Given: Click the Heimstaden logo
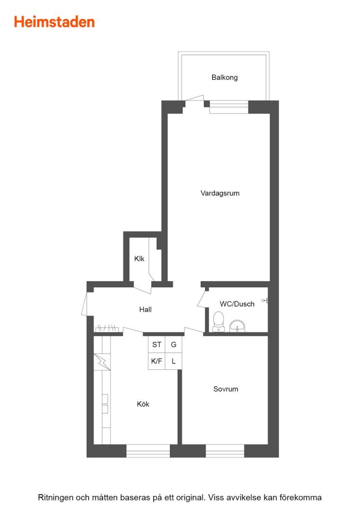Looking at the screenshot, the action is click(x=54, y=22).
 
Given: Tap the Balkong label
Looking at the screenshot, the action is click(x=225, y=77).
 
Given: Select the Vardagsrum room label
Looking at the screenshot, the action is click(x=220, y=193).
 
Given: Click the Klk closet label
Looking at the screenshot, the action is click(x=139, y=258).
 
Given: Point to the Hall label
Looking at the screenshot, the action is click(x=145, y=309).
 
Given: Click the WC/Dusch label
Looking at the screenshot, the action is click(x=237, y=304).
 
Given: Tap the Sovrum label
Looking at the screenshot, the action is click(x=225, y=389).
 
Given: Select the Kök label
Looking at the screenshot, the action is click(x=143, y=404).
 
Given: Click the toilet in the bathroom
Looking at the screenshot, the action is click(x=218, y=321).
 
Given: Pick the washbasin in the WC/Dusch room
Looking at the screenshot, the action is click(x=237, y=326).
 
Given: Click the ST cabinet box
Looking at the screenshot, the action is click(x=157, y=344).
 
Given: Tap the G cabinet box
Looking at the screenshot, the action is click(x=174, y=344).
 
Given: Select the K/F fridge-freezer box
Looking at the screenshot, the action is click(x=157, y=361).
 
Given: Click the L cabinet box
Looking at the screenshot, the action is click(x=174, y=361).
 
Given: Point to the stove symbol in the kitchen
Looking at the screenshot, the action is click(x=102, y=362).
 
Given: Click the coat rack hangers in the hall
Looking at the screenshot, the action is click(x=107, y=328).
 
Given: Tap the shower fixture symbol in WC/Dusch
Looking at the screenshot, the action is click(x=265, y=301).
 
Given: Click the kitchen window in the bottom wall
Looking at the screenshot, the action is click(x=148, y=451).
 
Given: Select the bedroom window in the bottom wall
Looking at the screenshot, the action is click(x=225, y=451).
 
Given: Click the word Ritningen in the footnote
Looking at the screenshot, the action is click(x=55, y=497).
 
